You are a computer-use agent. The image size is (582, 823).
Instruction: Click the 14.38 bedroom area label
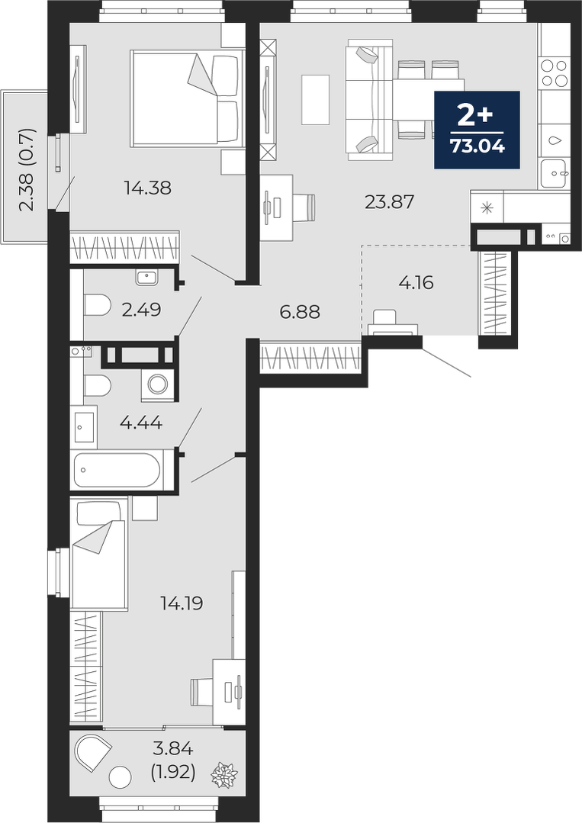pos(147,188)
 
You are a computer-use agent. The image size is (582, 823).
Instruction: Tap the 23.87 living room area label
pos(390,201)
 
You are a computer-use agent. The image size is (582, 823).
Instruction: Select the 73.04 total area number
pos(477,146)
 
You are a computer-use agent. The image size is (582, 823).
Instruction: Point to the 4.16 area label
pos(416,283)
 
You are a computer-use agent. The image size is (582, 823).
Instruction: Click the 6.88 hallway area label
pos(300,312)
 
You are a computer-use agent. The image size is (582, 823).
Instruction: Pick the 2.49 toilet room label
pos(141,310)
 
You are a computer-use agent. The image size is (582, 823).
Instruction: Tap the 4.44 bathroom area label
pos(141,422)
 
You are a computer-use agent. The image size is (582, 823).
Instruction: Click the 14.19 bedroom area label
pos(182,603)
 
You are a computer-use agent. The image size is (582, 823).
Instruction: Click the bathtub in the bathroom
pos(117,470)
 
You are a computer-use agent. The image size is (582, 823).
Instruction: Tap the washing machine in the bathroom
pos(156,384)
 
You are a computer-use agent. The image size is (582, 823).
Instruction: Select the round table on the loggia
pos(121,776)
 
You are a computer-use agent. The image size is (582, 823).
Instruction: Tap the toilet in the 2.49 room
pos(97,304)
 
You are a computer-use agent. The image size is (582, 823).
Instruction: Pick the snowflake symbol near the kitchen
pos(487,208)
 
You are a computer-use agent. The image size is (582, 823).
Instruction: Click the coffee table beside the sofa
pos(315,100)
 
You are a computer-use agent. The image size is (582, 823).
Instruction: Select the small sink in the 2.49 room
pos(147,277)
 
